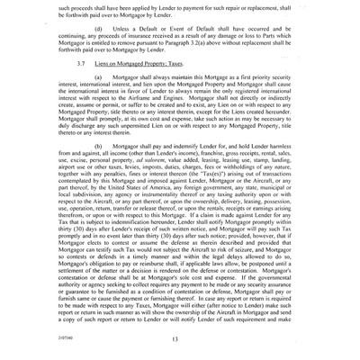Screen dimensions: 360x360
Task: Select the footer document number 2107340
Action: (63, 332)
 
